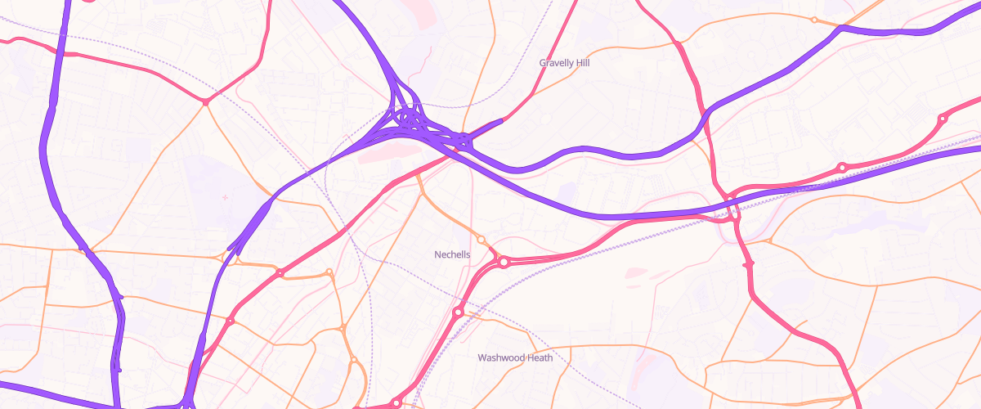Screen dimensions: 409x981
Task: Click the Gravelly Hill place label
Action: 564,62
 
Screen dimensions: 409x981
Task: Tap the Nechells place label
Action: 452,254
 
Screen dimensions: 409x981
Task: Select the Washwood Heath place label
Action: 515,357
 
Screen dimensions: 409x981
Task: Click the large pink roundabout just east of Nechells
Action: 504,262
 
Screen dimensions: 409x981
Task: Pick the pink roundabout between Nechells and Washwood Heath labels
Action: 459,312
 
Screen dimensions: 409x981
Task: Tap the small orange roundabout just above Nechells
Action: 482,240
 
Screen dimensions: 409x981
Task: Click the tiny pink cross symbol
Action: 225,197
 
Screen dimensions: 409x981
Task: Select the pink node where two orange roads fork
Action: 205,102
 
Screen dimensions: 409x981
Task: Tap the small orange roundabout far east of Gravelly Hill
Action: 813,20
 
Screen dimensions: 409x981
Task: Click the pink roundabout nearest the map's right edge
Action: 943,119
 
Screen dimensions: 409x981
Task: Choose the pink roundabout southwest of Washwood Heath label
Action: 396,402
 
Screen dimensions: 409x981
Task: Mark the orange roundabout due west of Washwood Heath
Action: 354,360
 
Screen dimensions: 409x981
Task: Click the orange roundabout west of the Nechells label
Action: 329,272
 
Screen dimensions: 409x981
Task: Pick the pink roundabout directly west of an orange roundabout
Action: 280,272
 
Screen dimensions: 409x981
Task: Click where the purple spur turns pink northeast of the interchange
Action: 499,122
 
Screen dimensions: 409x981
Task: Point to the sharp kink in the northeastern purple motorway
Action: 840,29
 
